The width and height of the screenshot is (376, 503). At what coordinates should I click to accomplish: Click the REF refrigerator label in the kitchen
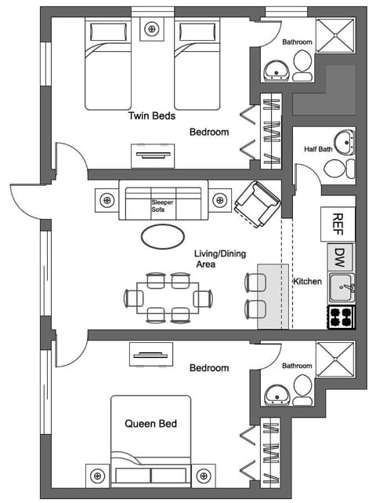338,224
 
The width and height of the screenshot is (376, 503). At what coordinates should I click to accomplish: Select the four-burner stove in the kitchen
341,316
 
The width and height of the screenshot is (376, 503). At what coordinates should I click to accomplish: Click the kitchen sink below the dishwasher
341,288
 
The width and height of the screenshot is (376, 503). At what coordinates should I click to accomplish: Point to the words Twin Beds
151,115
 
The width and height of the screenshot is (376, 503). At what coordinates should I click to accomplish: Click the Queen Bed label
151,424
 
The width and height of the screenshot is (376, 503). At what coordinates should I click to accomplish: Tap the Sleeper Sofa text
163,206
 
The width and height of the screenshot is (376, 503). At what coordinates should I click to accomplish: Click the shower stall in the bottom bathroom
335,359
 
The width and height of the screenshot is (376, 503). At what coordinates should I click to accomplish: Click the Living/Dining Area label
216,259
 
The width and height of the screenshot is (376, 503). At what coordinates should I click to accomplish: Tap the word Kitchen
307,281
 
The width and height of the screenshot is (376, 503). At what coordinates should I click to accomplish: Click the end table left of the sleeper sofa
106,199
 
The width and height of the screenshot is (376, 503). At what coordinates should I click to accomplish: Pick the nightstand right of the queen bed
204,475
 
